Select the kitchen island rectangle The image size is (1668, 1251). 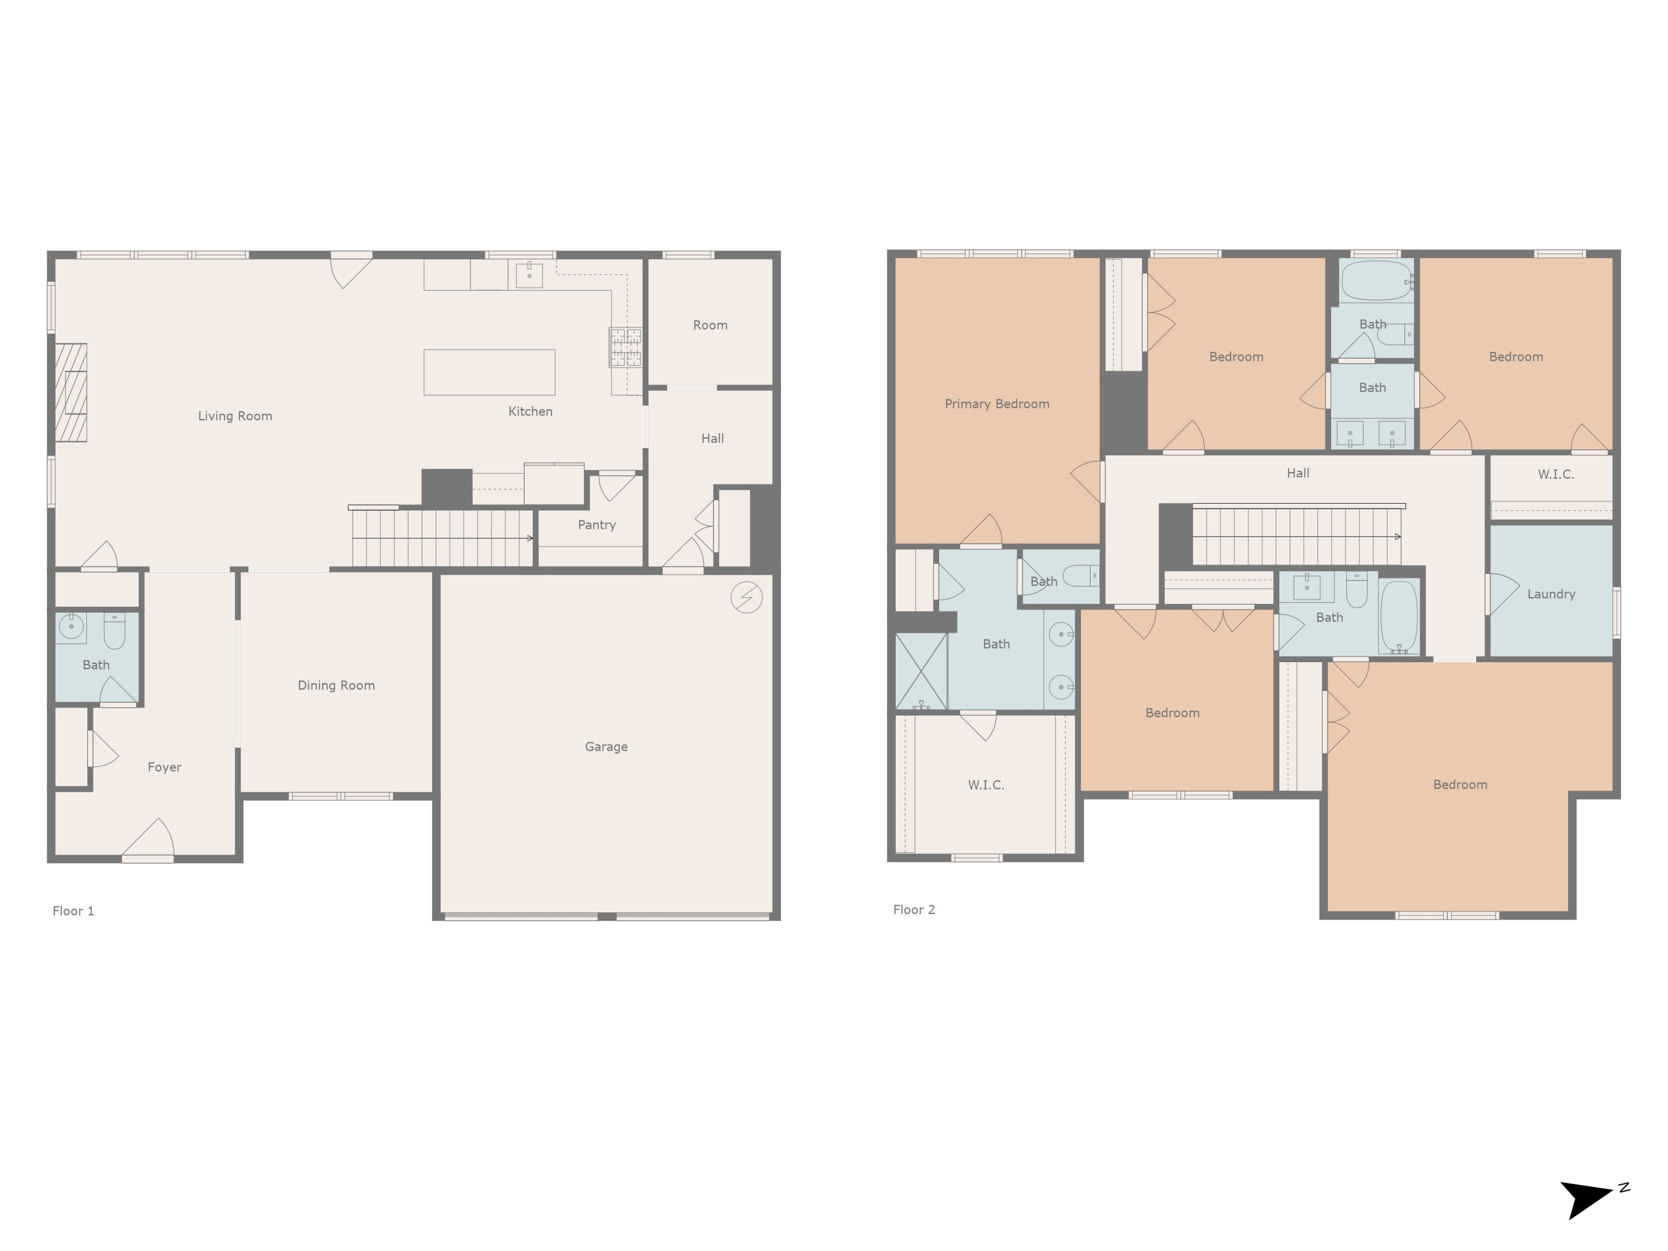click(489, 372)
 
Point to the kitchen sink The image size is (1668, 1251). click(529, 275)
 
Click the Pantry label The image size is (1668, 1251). click(597, 525)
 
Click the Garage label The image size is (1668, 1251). click(605, 747)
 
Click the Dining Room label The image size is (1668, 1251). click(336, 686)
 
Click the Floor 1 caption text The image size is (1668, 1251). click(73, 911)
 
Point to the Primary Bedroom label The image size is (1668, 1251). click(996, 404)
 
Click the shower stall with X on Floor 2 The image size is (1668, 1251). click(921, 671)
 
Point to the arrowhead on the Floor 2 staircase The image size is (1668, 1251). click(1397, 537)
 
